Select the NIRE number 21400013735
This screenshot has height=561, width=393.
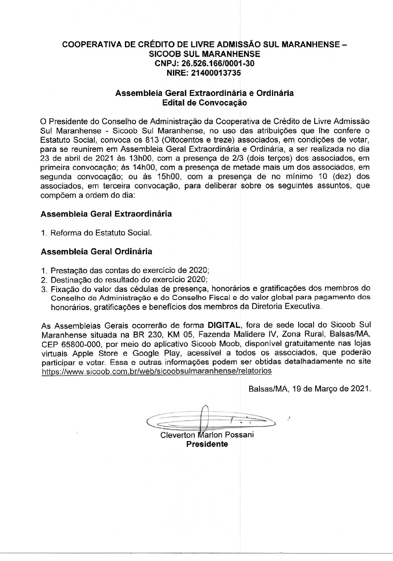click(216, 73)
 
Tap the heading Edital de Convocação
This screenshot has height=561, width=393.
click(204, 103)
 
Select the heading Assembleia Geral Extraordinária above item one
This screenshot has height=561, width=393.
click(106, 214)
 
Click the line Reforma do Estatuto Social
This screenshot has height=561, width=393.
click(101, 233)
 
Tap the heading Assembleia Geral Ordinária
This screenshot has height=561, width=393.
click(96, 251)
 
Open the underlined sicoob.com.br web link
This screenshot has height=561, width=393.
click(156, 371)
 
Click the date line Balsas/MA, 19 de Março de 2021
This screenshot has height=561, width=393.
click(309, 389)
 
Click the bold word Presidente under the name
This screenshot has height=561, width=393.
click(207, 444)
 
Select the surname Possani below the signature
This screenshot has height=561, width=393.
click(239, 435)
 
